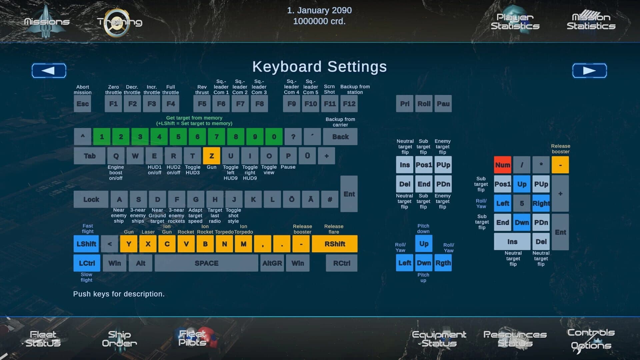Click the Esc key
point(82,104)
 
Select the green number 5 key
point(178,137)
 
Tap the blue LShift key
point(86,244)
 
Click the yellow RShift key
point(335,244)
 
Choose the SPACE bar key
point(206,263)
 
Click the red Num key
point(502,165)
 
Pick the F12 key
point(349,104)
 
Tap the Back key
point(340,137)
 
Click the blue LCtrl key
point(87,263)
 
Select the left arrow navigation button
point(49,71)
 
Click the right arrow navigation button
point(589,71)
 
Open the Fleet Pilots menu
point(192,338)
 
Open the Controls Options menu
point(591,339)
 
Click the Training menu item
point(120,22)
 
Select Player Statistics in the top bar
point(515,21)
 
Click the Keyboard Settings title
point(320,67)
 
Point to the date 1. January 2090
point(319,10)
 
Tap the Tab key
point(90,156)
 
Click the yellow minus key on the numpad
point(560,165)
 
